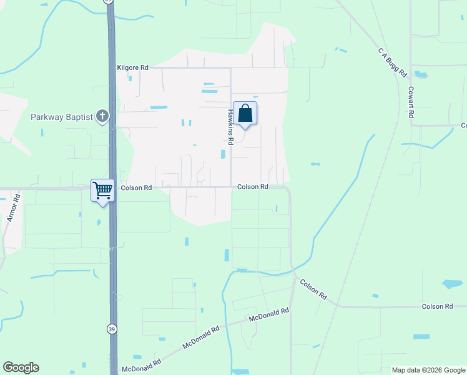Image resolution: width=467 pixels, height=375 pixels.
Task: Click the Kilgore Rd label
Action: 132,67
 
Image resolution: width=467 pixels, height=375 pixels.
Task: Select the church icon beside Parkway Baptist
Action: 103,116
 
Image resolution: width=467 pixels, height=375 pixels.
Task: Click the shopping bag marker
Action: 245,114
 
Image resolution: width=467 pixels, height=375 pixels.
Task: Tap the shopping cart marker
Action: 102,190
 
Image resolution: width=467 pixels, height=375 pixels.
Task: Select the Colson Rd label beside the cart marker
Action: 136,187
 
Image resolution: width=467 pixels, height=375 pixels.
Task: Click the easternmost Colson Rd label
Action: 437,306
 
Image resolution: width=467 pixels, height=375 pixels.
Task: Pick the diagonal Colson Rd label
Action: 313,288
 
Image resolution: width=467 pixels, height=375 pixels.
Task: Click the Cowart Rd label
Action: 411,102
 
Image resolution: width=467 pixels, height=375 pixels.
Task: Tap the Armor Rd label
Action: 13,208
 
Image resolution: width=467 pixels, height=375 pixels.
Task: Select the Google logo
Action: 21,367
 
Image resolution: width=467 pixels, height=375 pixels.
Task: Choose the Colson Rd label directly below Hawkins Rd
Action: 252,187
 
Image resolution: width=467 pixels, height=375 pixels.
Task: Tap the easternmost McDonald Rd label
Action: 268,314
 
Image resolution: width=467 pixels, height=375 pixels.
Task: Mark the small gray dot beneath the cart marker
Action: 99,221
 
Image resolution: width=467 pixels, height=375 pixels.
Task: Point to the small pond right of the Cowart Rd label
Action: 420,74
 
